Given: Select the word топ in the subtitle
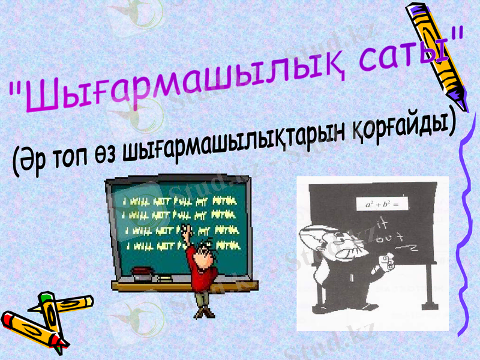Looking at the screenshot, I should pos(79,157).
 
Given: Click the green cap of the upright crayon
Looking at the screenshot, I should pos(45,298).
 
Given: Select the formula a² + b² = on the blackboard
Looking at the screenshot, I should pos(382,205).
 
